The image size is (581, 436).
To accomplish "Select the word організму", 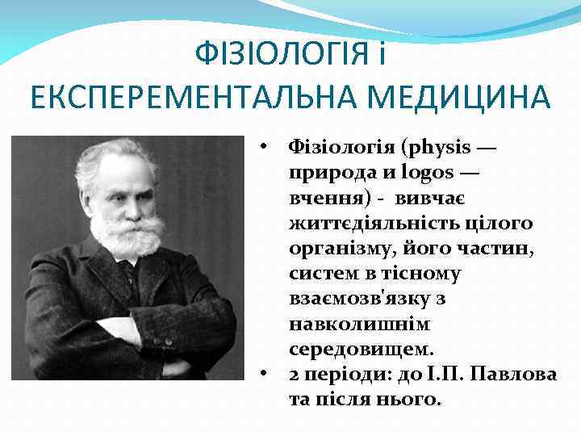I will click(x=338, y=248).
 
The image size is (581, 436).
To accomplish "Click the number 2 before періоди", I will click(x=294, y=375).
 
